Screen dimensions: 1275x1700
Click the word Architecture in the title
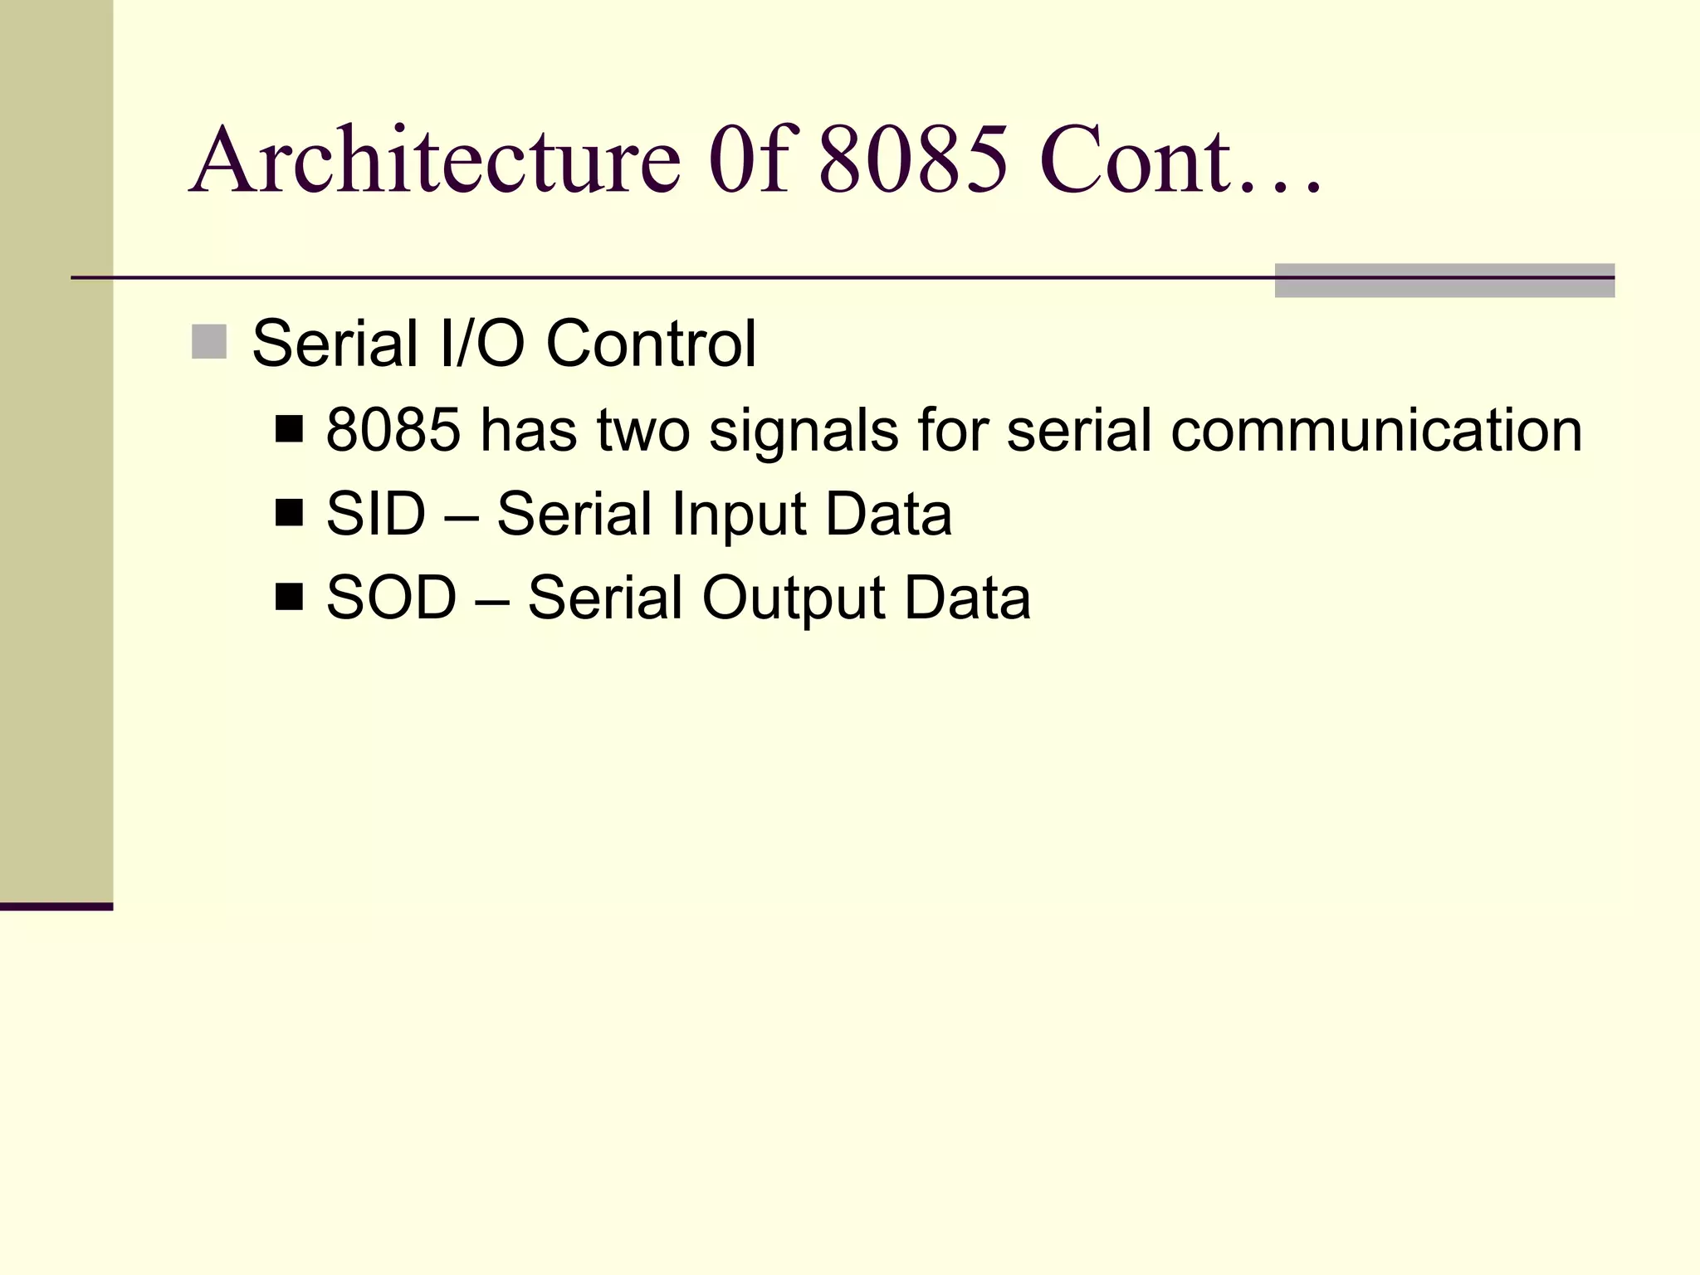pyautogui.click(x=436, y=159)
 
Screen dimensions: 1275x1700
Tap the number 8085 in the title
pyautogui.click(x=913, y=159)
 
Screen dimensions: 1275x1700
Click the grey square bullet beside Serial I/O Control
pyautogui.click(x=209, y=342)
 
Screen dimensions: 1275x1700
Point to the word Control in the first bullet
pyautogui.click(x=651, y=344)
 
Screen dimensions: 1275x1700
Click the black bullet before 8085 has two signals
pyautogui.click(x=289, y=430)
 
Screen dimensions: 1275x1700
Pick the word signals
pyautogui.click(x=804, y=432)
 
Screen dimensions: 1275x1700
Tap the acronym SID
pyautogui.click(x=375, y=514)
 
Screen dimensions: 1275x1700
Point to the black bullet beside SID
pyautogui.click(x=289, y=514)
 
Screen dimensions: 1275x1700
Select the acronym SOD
pyautogui.click(x=391, y=598)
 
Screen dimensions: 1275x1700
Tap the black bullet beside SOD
pyautogui.click(x=289, y=597)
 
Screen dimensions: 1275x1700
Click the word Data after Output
pyautogui.click(x=967, y=598)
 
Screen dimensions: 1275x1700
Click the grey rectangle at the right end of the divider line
pyautogui.click(x=1444, y=281)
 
